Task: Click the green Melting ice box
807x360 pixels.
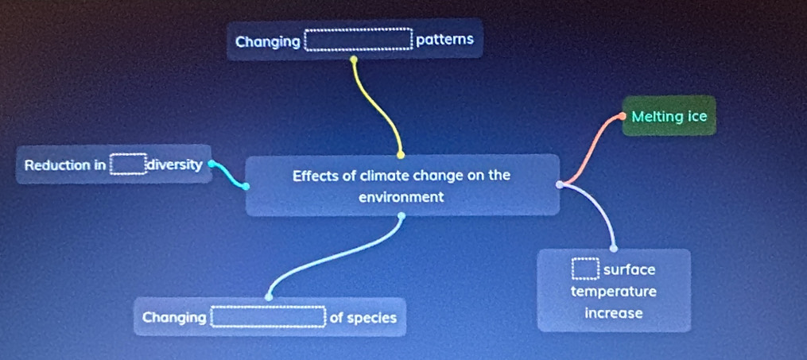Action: click(669, 116)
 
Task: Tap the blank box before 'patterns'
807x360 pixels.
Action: click(359, 40)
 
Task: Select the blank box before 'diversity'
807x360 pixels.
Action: click(128, 164)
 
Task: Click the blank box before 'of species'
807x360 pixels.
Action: click(268, 317)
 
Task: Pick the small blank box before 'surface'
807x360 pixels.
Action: click(586, 269)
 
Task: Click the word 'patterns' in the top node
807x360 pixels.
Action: click(444, 40)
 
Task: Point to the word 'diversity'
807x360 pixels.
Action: click(175, 165)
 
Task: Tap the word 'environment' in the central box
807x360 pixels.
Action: click(401, 197)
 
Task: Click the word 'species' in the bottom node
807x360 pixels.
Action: click(371, 319)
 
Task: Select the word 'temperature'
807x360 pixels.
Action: click(614, 292)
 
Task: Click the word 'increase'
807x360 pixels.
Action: click(614, 313)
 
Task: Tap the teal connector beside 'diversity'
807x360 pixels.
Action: click(227, 176)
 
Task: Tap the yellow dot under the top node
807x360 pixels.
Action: click(354, 59)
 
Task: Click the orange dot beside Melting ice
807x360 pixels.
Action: click(623, 116)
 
